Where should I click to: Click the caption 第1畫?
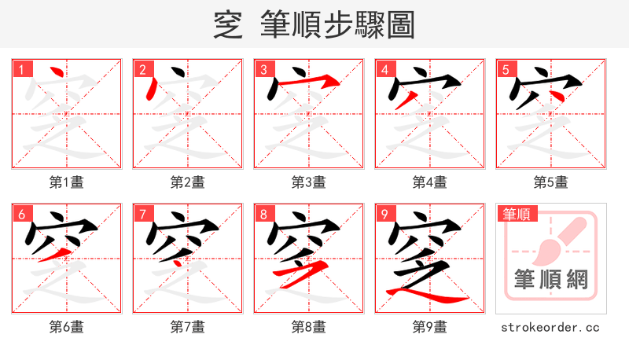[x=66, y=182]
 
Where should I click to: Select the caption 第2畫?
[x=187, y=182]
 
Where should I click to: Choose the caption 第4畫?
[x=429, y=182]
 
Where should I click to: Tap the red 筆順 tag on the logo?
[x=516, y=214]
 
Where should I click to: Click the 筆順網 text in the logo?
[x=550, y=281]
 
